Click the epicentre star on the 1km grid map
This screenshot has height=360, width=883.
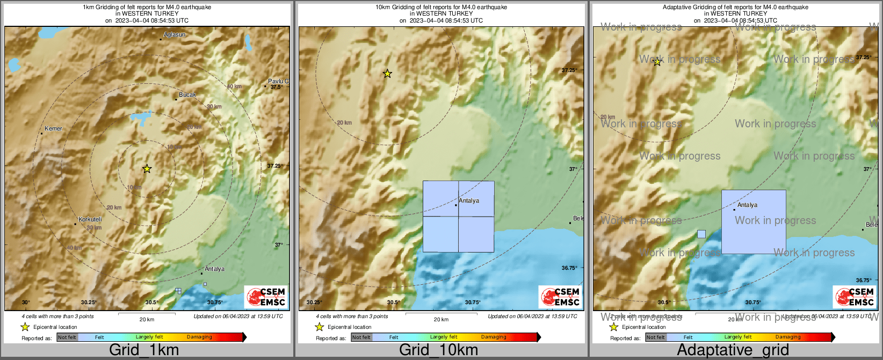(x=147, y=169)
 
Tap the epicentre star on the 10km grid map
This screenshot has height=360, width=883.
(x=387, y=74)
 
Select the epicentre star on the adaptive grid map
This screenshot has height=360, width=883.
(x=657, y=62)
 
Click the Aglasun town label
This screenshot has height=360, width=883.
(x=175, y=35)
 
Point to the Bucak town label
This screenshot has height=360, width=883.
(x=187, y=95)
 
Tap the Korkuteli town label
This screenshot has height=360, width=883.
(x=90, y=219)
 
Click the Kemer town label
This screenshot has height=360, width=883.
(x=53, y=129)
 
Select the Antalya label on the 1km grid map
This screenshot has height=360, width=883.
(x=214, y=269)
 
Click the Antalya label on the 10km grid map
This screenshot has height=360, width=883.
(x=469, y=201)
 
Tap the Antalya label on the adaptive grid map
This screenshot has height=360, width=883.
(x=747, y=205)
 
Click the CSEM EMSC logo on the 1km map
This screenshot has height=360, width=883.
(x=266, y=297)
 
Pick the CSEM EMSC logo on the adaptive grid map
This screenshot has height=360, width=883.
(x=855, y=297)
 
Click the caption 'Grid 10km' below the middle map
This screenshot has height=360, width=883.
(x=438, y=350)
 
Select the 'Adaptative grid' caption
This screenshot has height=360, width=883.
(x=733, y=350)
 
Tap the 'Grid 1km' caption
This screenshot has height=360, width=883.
(x=144, y=350)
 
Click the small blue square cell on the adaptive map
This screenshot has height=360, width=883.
(x=701, y=234)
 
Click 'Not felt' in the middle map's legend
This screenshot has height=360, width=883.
(x=361, y=337)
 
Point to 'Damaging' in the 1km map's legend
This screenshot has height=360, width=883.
(x=199, y=337)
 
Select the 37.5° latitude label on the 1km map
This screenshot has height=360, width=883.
(x=277, y=87)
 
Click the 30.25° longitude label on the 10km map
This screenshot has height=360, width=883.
(x=314, y=303)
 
